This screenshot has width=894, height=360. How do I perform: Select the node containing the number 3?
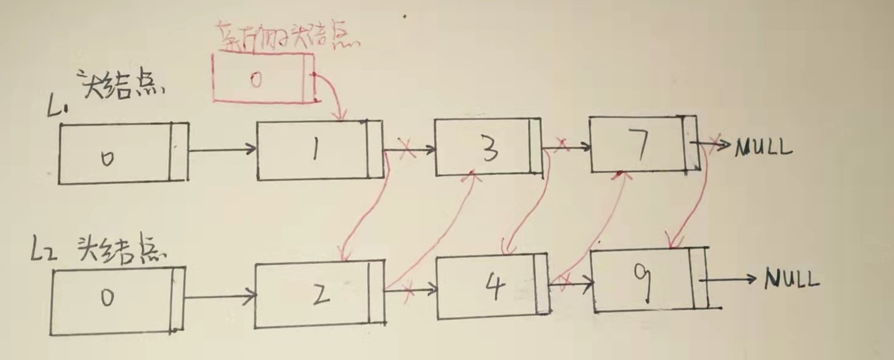pyautogui.click(x=487, y=147)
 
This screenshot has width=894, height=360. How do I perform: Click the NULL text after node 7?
pyautogui.click(x=763, y=147)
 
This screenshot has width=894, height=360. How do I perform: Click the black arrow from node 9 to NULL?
pyautogui.click(x=729, y=279)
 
